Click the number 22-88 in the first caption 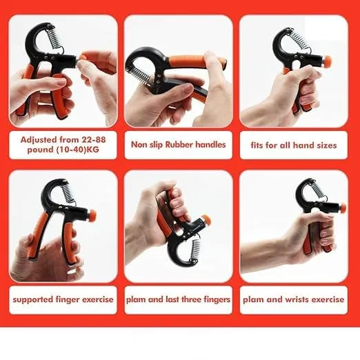pos(90,138)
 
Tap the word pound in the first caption pos(39,150)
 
